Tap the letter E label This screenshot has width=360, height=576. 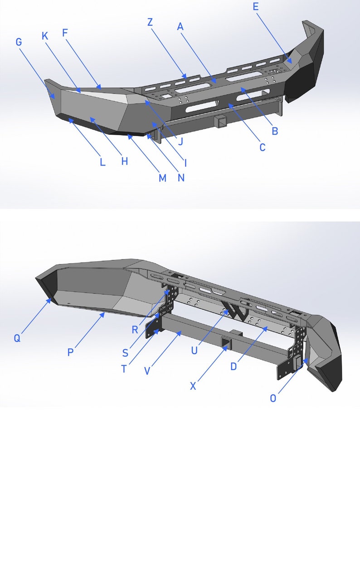[256, 6]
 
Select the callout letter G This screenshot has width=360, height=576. [19, 42]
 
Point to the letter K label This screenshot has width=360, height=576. [45, 36]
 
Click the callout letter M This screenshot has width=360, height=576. [162, 178]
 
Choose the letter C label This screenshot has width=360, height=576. [262, 147]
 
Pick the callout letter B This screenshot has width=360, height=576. [274, 132]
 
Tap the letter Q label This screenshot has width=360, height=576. [17, 338]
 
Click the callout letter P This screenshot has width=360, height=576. [70, 352]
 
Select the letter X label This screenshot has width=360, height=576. [193, 386]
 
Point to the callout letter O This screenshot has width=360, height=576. [273, 398]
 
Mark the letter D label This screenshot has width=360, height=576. [234, 366]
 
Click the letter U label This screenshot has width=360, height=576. [195, 351]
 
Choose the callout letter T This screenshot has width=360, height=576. [124, 369]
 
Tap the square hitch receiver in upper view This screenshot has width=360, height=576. [221, 122]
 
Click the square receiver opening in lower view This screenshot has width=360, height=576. [225, 342]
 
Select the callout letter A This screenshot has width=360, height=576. [180, 27]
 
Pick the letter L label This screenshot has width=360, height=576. [102, 162]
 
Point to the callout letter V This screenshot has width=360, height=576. [147, 371]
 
